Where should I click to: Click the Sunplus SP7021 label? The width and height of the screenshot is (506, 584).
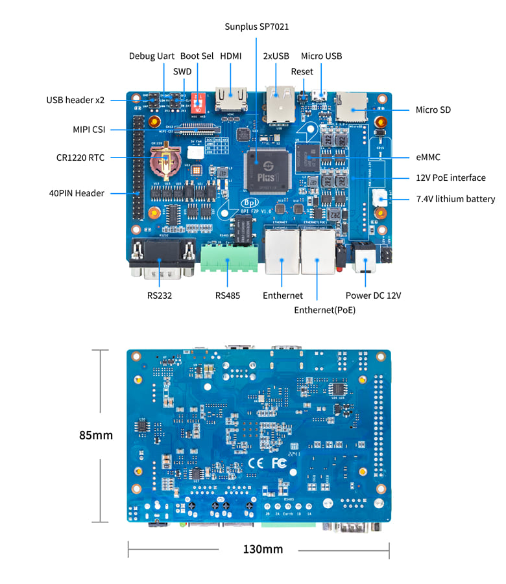(256, 27)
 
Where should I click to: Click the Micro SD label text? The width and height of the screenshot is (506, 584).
(433, 110)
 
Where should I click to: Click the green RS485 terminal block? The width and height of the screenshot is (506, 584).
(228, 257)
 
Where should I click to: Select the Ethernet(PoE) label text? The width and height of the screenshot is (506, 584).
(324, 310)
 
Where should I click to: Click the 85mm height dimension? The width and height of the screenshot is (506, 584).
(96, 435)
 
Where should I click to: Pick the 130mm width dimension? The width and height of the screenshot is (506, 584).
(263, 549)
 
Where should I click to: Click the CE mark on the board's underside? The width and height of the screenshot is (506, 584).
(256, 463)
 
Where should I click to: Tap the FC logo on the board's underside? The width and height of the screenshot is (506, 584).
(279, 463)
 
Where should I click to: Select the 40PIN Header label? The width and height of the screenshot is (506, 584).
(77, 193)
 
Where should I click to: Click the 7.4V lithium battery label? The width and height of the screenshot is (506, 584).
(455, 199)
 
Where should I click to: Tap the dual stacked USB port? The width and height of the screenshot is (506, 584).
(280, 106)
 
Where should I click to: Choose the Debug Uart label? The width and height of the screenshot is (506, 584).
(151, 56)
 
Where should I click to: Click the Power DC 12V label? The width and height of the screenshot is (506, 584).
(373, 296)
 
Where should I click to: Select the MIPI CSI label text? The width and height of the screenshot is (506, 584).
(89, 130)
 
